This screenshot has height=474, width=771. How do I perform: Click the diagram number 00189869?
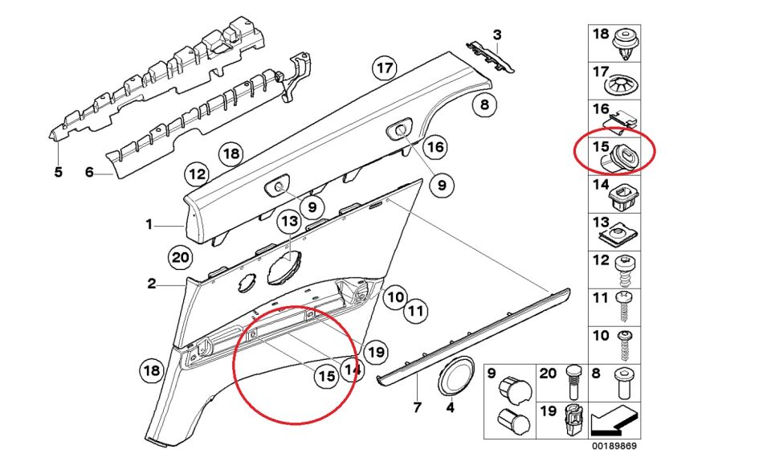(614, 446)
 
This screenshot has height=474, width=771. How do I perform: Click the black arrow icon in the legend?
(614, 421)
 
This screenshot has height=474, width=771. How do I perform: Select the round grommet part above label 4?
(456, 376)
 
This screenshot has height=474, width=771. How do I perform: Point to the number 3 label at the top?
(497, 35)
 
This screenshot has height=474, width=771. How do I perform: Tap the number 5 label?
(58, 172)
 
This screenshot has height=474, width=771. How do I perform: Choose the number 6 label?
(89, 172)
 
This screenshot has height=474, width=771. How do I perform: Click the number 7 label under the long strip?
(417, 407)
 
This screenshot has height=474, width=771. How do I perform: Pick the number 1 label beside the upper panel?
(149, 225)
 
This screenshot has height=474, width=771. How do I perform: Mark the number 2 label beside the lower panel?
(152, 284)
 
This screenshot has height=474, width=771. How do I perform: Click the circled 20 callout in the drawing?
(180, 258)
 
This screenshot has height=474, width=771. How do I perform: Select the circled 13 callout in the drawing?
(290, 221)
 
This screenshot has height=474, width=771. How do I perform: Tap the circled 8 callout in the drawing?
(484, 104)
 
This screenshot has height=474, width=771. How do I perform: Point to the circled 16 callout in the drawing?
(435, 146)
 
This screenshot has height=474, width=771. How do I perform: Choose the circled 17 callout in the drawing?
(385, 67)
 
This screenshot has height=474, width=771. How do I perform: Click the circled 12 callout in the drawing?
(198, 174)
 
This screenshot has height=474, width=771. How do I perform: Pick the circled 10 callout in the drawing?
(396, 297)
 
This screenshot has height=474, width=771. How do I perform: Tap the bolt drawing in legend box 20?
(573, 382)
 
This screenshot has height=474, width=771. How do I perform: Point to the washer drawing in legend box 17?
(622, 86)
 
